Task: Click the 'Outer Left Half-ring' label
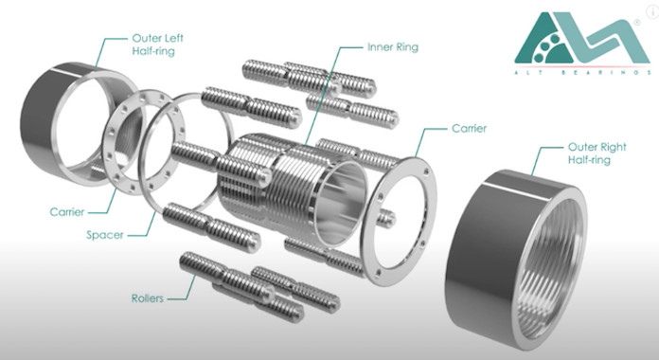click(x=157, y=45)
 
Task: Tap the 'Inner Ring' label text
click(x=393, y=46)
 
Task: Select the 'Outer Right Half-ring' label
click(x=597, y=153)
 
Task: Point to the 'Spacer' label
click(x=105, y=235)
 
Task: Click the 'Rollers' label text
click(x=147, y=298)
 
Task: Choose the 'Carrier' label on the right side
click(x=469, y=128)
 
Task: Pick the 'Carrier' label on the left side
click(x=67, y=211)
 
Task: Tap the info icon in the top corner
click(x=652, y=11)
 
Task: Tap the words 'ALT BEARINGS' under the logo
click(x=582, y=72)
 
